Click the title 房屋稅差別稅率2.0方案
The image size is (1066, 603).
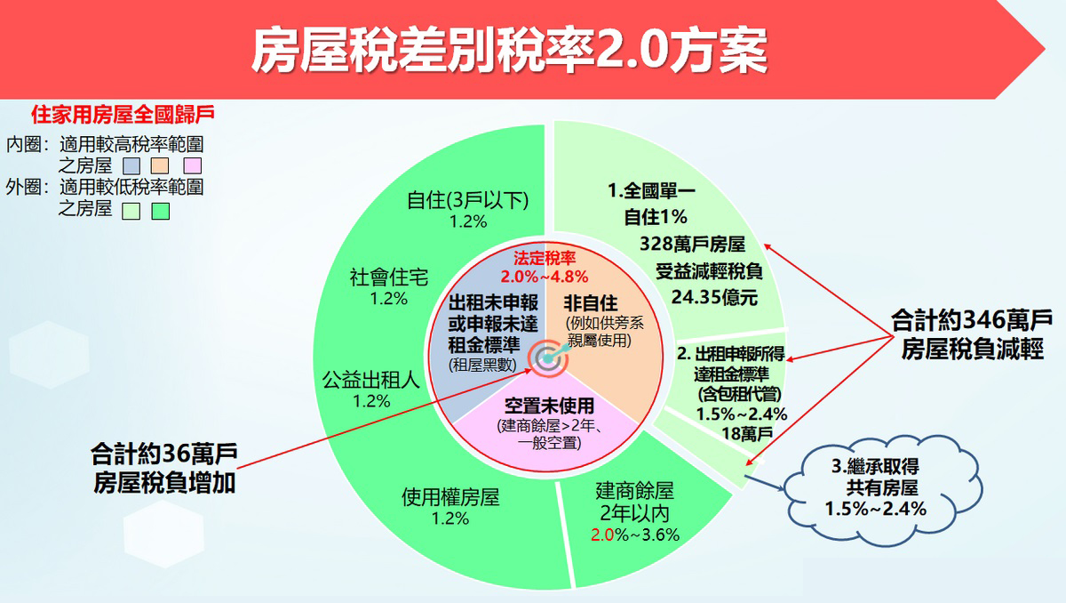[x=509, y=50]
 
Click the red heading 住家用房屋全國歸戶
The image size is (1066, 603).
[x=123, y=115]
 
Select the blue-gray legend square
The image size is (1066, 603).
[x=131, y=165]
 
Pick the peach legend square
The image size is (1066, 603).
[x=159, y=165]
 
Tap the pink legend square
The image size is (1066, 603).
[x=192, y=165]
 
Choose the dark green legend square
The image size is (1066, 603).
[x=161, y=211]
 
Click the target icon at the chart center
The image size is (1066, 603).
[x=548, y=358]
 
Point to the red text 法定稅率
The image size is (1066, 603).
[x=545, y=258]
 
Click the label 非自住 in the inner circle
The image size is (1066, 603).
[x=591, y=303]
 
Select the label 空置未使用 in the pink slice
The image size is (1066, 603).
[x=549, y=406]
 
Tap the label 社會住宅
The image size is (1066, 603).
[x=389, y=277]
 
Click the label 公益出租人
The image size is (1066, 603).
[x=371, y=380]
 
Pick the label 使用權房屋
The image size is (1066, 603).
[x=450, y=497]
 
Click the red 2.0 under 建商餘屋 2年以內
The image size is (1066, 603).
[x=602, y=535]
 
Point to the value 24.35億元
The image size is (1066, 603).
[x=714, y=298]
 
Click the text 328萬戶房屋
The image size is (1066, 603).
[x=692, y=244]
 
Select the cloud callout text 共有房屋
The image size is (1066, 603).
[x=882, y=487]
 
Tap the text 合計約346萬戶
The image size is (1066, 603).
[x=971, y=320]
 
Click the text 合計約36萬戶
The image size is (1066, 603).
[x=164, y=454]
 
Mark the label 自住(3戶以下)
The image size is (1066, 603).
[x=468, y=200]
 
